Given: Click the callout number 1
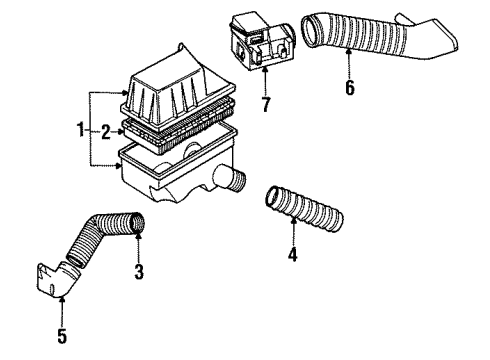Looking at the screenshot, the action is (80, 129).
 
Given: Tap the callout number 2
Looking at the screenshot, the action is (106, 132).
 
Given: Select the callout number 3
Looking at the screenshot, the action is (139, 272).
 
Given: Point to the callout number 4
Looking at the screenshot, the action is (293, 254).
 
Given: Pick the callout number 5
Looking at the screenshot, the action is (62, 336).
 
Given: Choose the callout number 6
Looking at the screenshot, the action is (350, 88).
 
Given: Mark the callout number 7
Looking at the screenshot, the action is (266, 105).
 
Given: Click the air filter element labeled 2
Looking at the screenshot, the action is (179, 128).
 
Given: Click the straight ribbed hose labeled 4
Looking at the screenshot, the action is (304, 209).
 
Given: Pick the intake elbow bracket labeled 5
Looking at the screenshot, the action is (58, 279).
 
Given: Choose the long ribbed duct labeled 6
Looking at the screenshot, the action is (377, 38).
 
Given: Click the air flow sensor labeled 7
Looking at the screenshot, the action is (262, 42).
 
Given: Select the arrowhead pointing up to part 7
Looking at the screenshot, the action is (265, 70).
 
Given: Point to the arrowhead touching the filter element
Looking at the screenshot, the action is (121, 132).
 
